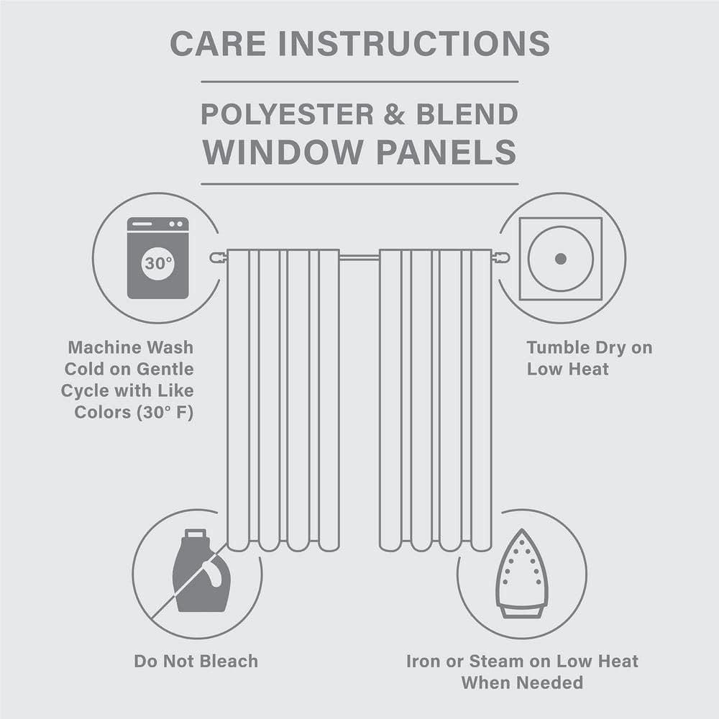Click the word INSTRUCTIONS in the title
click(414, 45)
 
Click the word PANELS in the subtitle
click(447, 152)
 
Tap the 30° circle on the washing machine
click(157, 263)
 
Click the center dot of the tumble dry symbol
click(561, 258)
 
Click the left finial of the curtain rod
click(216, 257)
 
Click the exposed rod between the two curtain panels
click(359, 257)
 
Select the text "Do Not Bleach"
click(196, 661)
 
